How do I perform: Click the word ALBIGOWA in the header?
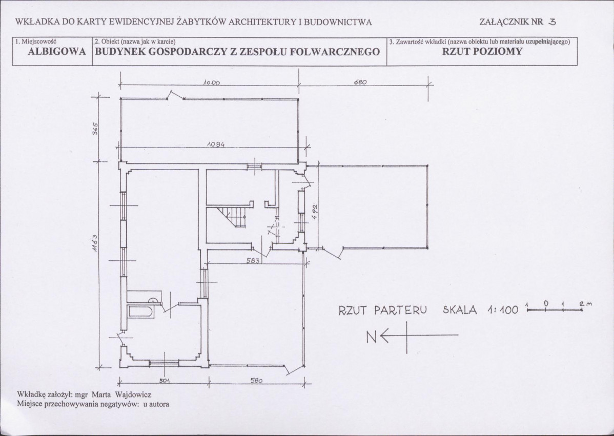coord(57,52)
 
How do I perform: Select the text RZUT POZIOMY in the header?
coord(482,51)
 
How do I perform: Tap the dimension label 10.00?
coord(212,83)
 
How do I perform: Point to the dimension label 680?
coord(360,82)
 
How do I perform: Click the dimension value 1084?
coord(216,144)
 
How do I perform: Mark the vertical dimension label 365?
coord(95,129)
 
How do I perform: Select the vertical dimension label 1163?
coord(95,243)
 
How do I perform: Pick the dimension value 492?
coord(314,212)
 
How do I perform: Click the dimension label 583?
coord(253,260)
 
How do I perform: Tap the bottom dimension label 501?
coord(165,381)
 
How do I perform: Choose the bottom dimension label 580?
coord(256,381)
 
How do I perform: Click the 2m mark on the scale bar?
coord(585,304)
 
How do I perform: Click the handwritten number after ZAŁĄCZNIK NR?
coord(552,22)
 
